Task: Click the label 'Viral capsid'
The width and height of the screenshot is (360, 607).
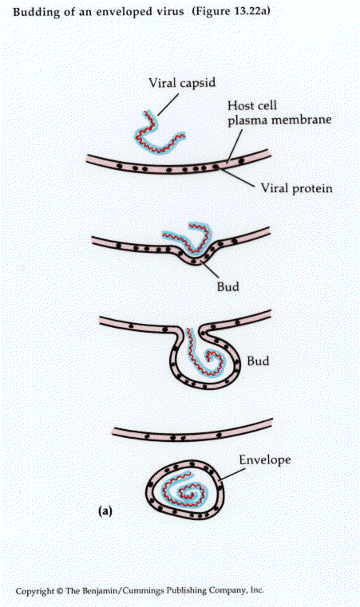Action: coord(182,83)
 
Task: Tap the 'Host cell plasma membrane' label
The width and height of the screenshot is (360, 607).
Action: coord(279,112)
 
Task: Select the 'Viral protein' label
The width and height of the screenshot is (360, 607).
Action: coord(296,188)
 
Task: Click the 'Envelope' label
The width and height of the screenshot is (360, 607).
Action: coord(265,460)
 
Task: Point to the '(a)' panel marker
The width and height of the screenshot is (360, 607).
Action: coord(105,511)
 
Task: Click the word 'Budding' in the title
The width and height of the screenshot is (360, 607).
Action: coord(32,12)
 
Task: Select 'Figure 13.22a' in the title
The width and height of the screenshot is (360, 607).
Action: coord(231,11)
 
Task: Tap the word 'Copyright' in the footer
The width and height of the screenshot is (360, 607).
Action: coord(35,592)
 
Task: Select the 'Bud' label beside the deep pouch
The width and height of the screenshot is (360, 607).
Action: coord(258,361)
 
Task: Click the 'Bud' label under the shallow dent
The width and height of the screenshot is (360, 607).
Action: coord(227,287)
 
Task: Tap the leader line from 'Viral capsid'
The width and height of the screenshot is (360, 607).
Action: coord(167,104)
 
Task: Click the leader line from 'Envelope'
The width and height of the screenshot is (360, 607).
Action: coord(232,475)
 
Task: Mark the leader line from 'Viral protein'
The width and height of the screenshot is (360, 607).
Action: coord(238,178)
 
